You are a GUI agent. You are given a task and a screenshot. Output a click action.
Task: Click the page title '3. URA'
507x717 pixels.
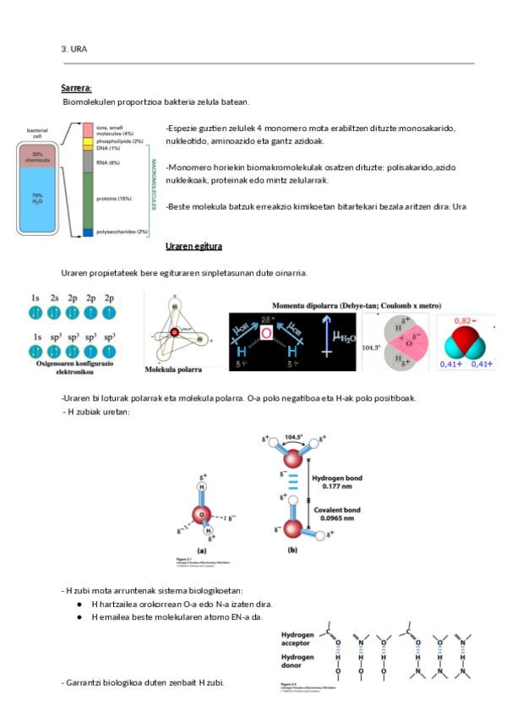point(74,49)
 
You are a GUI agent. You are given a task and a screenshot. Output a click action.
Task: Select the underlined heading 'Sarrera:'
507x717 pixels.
point(76,88)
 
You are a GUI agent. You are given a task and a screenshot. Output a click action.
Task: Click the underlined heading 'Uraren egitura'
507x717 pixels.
point(194,246)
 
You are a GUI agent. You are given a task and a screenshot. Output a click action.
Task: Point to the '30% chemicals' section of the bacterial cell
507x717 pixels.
point(37,156)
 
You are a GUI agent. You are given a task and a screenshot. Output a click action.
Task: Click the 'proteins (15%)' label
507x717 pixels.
point(114,199)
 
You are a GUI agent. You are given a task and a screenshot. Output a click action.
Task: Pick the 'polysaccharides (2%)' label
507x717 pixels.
point(123,232)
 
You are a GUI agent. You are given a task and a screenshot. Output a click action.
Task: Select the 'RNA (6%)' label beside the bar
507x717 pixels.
point(108,162)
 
